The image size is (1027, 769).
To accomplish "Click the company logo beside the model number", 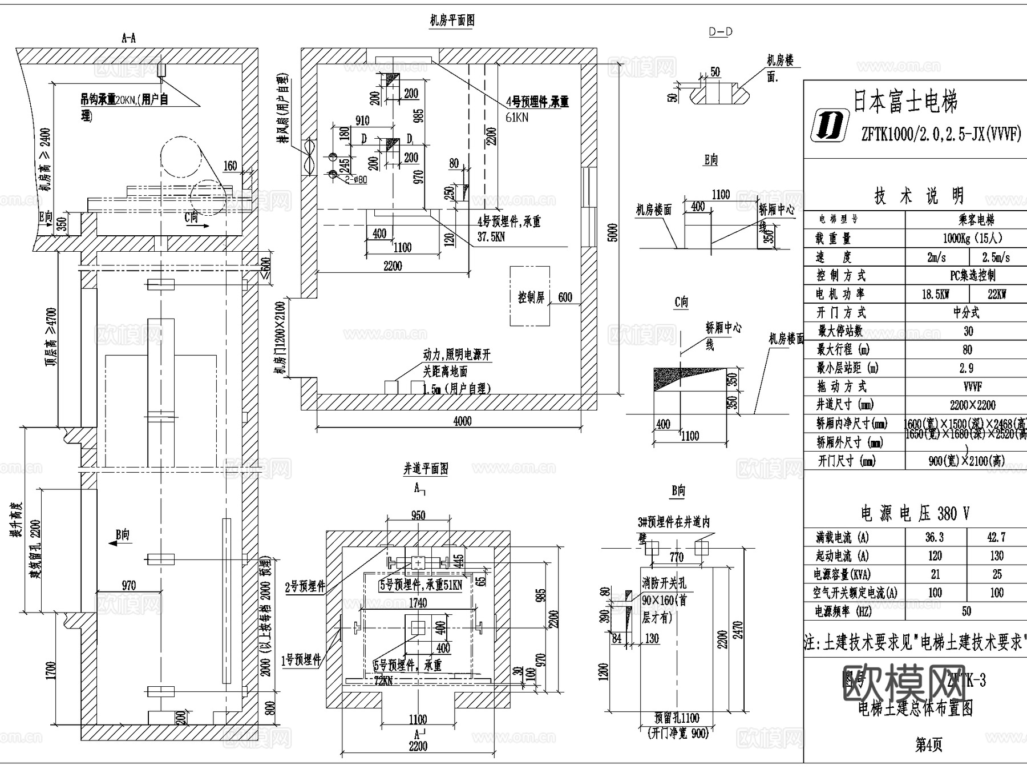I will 829,126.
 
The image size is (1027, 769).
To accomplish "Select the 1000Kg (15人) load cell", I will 972,238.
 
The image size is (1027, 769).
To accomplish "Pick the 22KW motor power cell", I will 997,294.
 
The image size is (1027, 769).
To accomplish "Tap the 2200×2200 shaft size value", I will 972,405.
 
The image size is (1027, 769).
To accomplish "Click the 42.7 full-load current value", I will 996,537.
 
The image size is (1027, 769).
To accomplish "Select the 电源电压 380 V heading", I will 915,513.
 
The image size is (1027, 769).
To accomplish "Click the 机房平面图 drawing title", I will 452,21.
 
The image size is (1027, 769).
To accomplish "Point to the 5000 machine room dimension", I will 613,232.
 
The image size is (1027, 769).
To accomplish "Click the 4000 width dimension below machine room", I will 462,421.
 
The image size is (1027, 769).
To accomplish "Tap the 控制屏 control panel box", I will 530,297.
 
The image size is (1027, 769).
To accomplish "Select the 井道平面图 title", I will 426,469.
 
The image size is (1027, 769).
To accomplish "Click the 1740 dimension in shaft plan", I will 418,602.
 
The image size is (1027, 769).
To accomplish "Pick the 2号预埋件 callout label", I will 305,586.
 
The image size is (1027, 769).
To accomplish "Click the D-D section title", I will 721,32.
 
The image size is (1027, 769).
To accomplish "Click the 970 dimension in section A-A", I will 129,585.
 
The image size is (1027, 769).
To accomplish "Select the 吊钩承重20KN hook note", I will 124,100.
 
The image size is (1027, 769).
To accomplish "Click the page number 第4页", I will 928,745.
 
